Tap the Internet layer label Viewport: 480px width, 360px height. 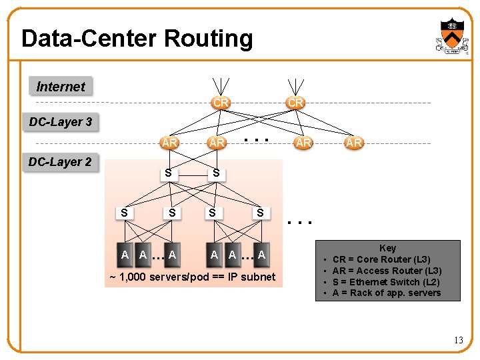61,87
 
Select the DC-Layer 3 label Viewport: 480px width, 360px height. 61,122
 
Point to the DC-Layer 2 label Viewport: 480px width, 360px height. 60,162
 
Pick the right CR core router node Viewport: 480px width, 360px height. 295,103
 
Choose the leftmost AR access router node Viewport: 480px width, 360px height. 169,143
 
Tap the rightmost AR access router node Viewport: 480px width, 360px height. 353,143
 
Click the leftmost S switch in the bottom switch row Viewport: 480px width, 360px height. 124,213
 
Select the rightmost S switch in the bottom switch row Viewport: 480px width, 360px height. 260,213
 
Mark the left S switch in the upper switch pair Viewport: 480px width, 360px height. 169,173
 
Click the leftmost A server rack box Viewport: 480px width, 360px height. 125,254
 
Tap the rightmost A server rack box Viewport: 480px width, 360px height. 261,254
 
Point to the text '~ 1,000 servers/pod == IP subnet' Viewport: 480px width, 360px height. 193,277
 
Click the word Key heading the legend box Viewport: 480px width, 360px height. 387,248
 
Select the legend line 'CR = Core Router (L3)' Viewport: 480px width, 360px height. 381,259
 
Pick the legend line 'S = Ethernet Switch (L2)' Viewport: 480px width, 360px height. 386,282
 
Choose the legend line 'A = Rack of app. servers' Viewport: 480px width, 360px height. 387,293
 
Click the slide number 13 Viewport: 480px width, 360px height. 458,341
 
